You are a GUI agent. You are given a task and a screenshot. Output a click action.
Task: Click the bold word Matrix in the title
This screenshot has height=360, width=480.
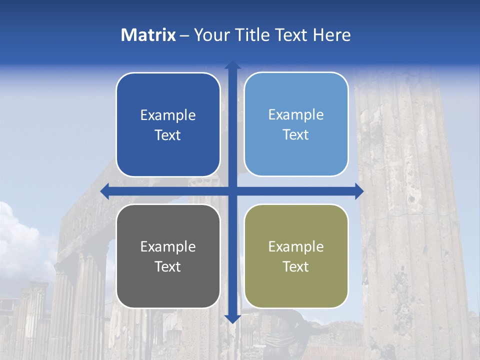pos(148,35)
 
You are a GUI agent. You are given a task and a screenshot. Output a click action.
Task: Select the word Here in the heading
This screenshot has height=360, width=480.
pos(331,35)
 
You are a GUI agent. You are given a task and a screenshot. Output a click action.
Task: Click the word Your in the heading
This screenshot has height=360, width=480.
pos(210,35)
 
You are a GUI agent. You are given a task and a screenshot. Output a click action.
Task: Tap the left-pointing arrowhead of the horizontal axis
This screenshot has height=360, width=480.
pos(105,191)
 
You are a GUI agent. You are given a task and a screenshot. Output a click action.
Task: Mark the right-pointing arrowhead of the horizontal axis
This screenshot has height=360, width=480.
pos(358,191)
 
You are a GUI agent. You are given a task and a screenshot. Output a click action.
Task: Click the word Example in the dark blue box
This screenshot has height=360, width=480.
pos(168,115)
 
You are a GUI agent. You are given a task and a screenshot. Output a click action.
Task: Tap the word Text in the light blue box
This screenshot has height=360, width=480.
pos(296,135)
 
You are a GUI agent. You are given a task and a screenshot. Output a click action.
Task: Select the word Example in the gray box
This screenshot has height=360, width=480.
pos(168,246)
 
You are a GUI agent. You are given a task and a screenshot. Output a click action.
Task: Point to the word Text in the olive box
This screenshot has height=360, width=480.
pos(296,266)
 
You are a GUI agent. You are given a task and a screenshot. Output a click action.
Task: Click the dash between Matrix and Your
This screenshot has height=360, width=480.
pos(184,35)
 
